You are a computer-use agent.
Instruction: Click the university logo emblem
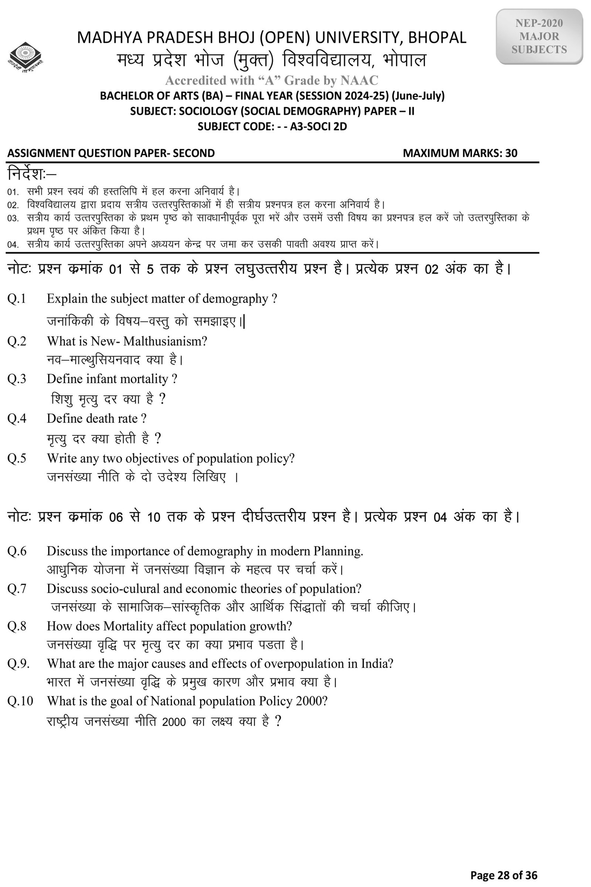(x=25, y=57)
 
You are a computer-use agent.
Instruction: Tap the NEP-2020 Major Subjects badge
(x=539, y=37)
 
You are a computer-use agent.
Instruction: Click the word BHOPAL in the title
(x=437, y=38)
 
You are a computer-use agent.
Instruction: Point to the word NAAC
(x=359, y=80)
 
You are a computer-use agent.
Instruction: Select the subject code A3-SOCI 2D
(x=318, y=126)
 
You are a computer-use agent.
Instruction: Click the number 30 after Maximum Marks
(x=511, y=153)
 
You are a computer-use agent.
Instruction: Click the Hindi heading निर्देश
(x=28, y=174)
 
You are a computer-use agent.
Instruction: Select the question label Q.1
(x=17, y=299)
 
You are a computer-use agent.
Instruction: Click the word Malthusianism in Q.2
(x=165, y=341)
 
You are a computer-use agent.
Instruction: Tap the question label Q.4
(x=17, y=418)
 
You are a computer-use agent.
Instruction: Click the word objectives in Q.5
(x=152, y=458)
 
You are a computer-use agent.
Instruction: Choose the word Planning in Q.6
(x=338, y=551)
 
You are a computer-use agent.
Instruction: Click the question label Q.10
(x=20, y=701)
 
